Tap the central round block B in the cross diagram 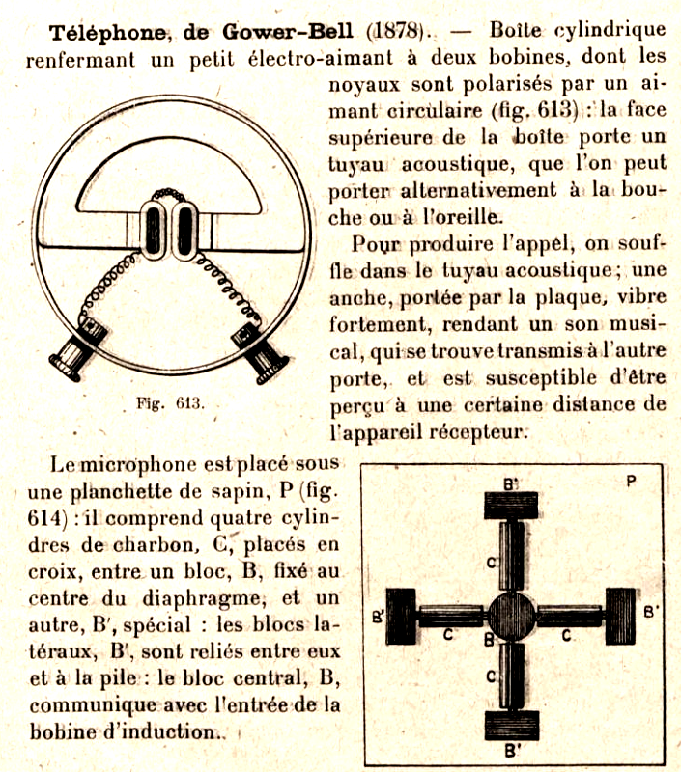(510, 614)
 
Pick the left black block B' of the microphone (400, 615)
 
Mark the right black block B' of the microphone (619, 615)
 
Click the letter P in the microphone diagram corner (629, 481)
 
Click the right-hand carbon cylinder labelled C (568, 615)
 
